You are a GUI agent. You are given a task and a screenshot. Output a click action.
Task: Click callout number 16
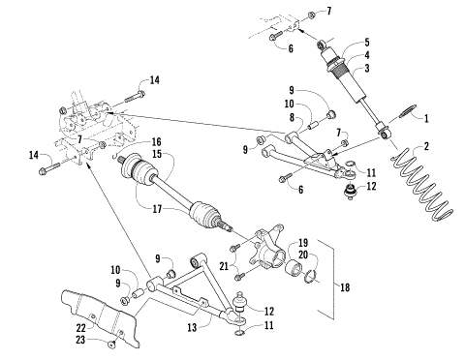click(156, 141)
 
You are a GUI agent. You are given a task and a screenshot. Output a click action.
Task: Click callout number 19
click(303, 242)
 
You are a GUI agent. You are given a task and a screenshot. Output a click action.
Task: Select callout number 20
click(303, 255)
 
